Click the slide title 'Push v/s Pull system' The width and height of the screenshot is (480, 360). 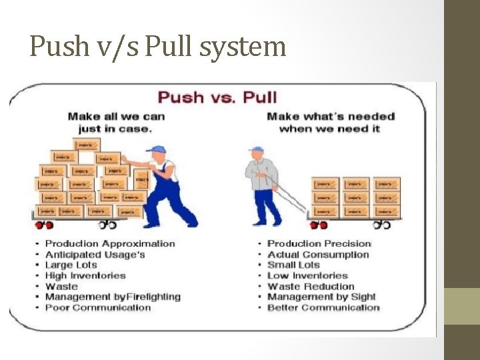(x=157, y=47)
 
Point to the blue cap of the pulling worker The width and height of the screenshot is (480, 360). (x=257, y=149)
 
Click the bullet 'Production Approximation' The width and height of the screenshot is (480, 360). (x=110, y=243)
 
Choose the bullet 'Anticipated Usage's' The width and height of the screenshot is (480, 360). (x=95, y=254)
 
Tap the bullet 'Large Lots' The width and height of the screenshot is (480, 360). (x=71, y=265)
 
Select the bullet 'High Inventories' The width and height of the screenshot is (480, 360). (x=85, y=275)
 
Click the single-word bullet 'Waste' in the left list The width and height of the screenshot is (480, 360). (x=61, y=286)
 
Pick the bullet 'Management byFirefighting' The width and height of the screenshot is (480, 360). (x=113, y=297)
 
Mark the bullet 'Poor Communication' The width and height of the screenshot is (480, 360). (x=98, y=307)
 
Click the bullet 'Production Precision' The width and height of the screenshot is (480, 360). (x=319, y=243)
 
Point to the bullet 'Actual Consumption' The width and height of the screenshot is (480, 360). (x=318, y=254)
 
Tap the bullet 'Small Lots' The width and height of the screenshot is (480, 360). (x=293, y=265)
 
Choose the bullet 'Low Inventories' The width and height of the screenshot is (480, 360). (x=307, y=275)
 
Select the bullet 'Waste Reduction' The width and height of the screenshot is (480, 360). (x=310, y=286)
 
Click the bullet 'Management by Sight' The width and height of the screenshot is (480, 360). (x=321, y=297)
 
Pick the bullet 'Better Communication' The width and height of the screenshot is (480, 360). (x=323, y=307)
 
